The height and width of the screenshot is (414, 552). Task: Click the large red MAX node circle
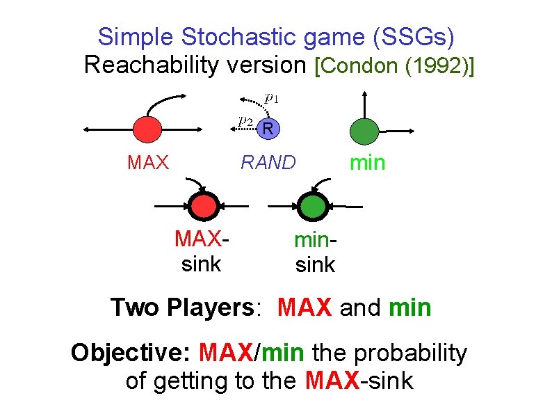[147, 128]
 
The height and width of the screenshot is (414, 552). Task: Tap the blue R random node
[268, 128]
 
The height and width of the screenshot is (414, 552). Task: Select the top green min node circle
[364, 129]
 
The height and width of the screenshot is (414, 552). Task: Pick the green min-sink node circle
[311, 206]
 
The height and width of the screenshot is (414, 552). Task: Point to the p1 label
[272, 98]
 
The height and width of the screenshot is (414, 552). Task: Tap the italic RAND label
[268, 163]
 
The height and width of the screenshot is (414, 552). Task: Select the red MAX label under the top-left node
[148, 163]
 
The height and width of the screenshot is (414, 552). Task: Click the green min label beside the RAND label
[366, 163]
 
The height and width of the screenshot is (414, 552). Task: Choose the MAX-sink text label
[202, 251]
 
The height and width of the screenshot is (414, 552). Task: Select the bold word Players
[211, 307]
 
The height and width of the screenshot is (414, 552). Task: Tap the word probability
[411, 353]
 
